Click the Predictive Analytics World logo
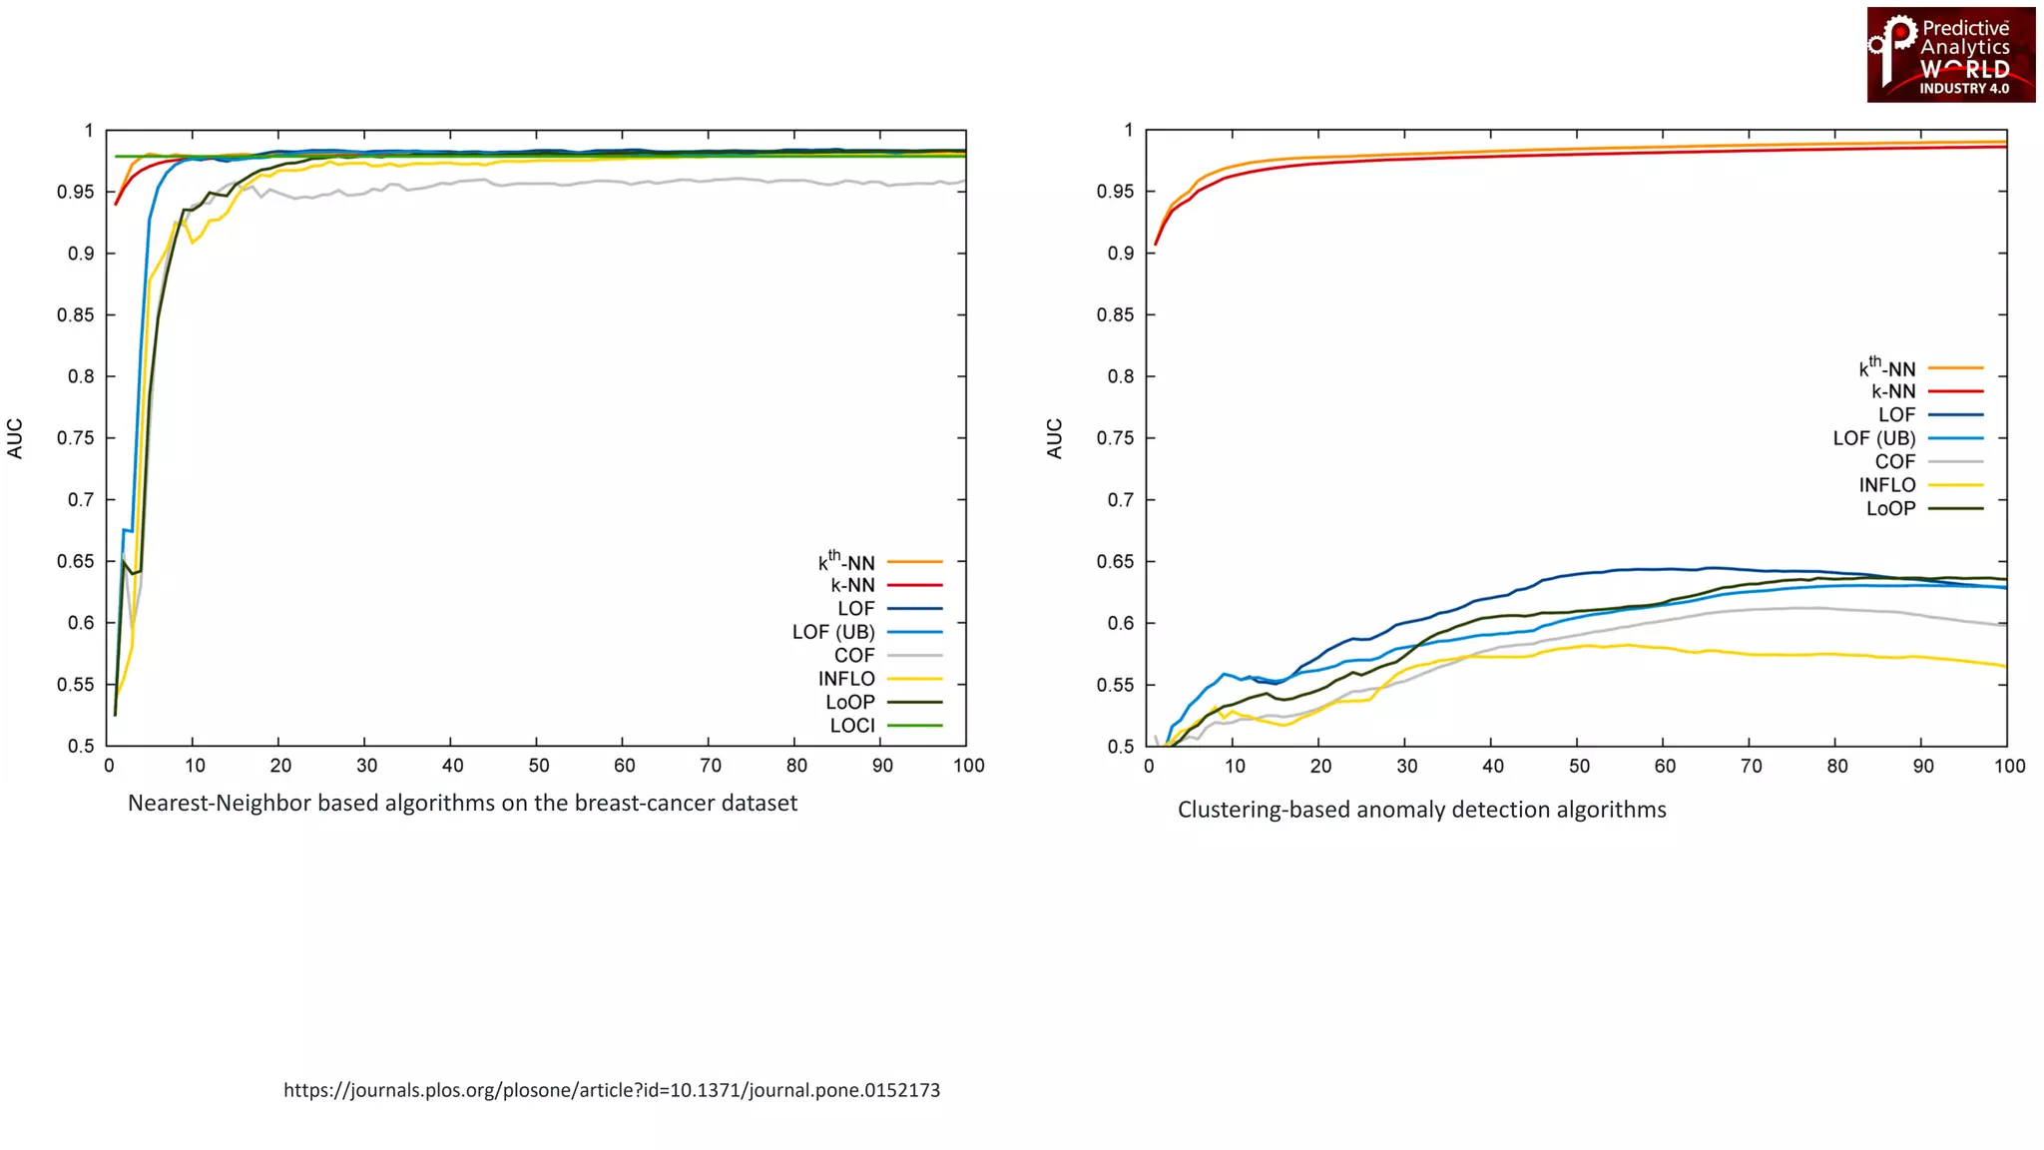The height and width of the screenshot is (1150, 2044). pyautogui.click(x=1950, y=55)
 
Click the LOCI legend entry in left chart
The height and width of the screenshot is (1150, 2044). pyautogui.click(x=852, y=726)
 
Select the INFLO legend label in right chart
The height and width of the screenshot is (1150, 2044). pyautogui.click(x=1886, y=485)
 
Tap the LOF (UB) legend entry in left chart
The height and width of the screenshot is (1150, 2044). pyautogui.click(x=833, y=632)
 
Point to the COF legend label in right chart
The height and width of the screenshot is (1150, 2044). pyautogui.click(x=1894, y=461)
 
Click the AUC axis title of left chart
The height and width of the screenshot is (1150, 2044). pyautogui.click(x=15, y=438)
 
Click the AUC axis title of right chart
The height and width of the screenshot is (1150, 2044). pyautogui.click(x=1055, y=438)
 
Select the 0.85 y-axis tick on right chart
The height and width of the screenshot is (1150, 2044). pyautogui.click(x=1115, y=314)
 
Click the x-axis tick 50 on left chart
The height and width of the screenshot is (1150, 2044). pyautogui.click(x=538, y=766)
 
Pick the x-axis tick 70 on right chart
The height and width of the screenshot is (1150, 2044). pyautogui.click(x=1752, y=766)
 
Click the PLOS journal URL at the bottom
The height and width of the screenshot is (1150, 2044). pyautogui.click(x=611, y=1090)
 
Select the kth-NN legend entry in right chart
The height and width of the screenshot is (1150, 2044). pyautogui.click(x=1886, y=367)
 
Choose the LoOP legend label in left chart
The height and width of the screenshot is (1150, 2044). pyautogui.click(x=850, y=702)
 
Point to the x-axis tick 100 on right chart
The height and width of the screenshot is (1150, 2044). pyautogui.click(x=2009, y=766)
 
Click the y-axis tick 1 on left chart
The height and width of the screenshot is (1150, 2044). pyautogui.click(x=89, y=131)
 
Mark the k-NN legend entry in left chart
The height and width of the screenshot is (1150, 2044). pyautogui.click(x=852, y=585)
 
